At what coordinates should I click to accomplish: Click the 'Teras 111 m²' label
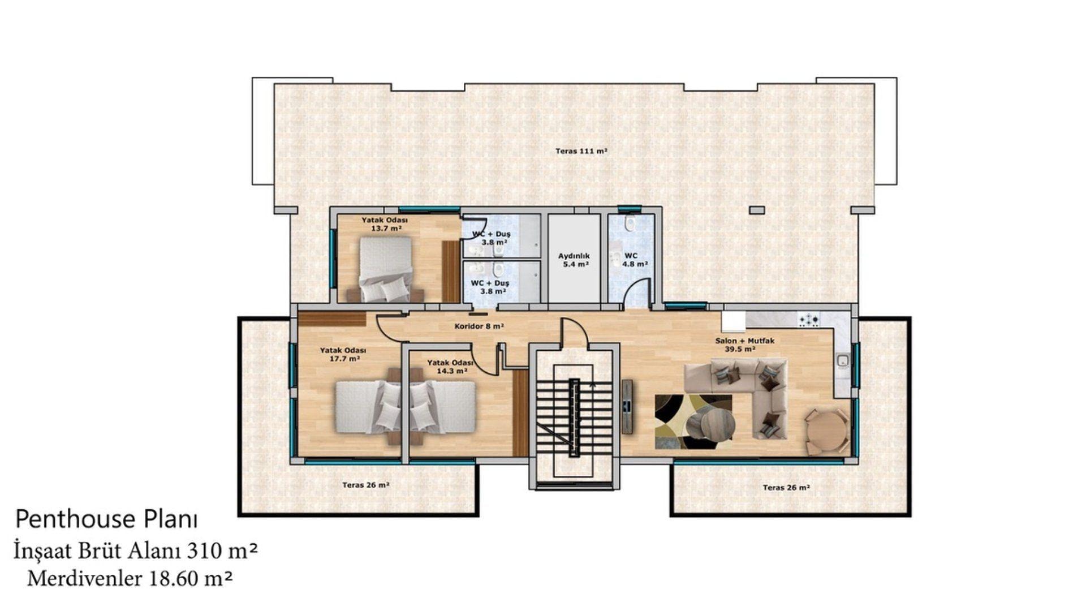point(581,151)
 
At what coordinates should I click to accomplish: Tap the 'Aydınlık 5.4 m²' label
point(574,260)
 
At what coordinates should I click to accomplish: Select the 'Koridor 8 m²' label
point(479,326)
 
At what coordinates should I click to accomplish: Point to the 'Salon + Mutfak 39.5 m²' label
point(744,345)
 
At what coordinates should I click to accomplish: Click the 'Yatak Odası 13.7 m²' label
point(385,224)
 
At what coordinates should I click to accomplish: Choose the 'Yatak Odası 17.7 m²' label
point(343,354)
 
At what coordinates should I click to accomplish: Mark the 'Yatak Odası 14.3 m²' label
point(450,367)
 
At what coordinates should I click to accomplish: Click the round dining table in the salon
point(826,431)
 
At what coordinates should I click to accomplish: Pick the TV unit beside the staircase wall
point(627,406)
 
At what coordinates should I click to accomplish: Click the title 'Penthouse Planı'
point(106,519)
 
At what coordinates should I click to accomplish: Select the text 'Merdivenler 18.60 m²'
point(130,578)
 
